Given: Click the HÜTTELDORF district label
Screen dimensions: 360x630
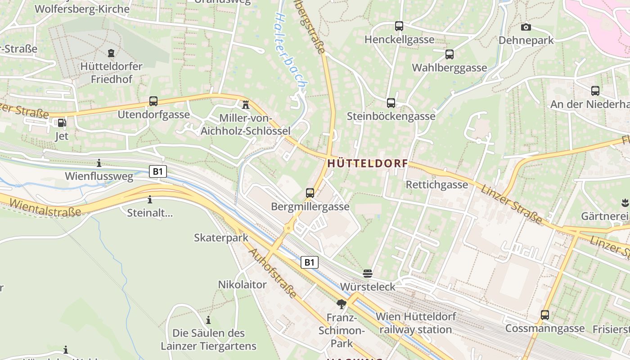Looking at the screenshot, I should click(x=368, y=164).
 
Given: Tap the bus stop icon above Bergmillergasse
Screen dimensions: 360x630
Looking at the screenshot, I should click(x=310, y=193).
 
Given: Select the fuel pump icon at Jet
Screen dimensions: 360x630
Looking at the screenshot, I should click(x=61, y=122).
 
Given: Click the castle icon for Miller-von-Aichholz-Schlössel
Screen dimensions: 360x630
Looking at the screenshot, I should click(x=246, y=105).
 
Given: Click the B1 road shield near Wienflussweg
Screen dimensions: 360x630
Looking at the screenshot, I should click(x=158, y=171).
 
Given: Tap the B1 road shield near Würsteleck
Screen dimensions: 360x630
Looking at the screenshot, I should click(x=309, y=262).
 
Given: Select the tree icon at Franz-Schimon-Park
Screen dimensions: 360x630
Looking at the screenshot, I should click(x=342, y=304).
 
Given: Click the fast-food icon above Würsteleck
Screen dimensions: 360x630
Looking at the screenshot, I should click(x=368, y=273).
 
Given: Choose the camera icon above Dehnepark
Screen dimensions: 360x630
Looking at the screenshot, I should click(x=526, y=27).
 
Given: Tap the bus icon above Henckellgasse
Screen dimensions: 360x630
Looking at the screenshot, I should click(x=399, y=26).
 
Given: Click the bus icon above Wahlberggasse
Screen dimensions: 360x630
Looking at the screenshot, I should click(x=449, y=54).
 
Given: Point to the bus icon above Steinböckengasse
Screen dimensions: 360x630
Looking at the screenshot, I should click(x=391, y=103).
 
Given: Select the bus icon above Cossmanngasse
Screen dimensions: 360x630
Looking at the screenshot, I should click(x=545, y=315).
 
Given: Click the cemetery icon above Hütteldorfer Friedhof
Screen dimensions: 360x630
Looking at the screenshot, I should click(x=111, y=53).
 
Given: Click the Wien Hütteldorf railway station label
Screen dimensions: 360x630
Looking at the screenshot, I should click(x=415, y=323).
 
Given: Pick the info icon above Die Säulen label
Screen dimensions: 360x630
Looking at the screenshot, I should click(x=208, y=320).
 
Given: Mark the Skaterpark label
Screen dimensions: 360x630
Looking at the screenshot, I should click(x=221, y=238).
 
